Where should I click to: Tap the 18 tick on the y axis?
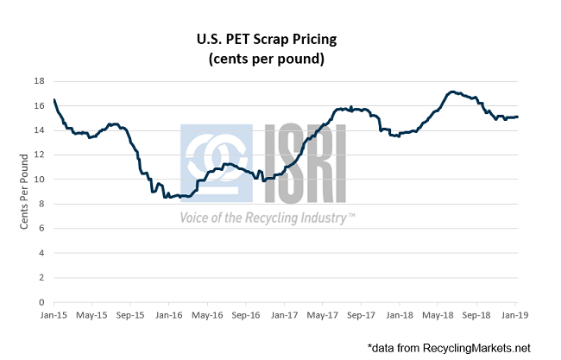[x=39, y=81]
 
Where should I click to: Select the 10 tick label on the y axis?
[x=39, y=180]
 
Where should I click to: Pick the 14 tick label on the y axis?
[x=39, y=130]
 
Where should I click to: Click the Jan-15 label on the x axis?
[x=54, y=317]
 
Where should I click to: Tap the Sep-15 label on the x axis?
[x=129, y=317]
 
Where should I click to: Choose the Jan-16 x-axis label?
[x=168, y=317]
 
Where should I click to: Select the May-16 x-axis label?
[x=206, y=317]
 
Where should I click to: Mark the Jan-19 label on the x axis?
[x=515, y=317]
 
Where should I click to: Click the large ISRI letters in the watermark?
[x=302, y=164]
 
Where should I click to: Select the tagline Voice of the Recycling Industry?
[x=268, y=218]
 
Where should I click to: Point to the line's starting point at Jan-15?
[x=54, y=100]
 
